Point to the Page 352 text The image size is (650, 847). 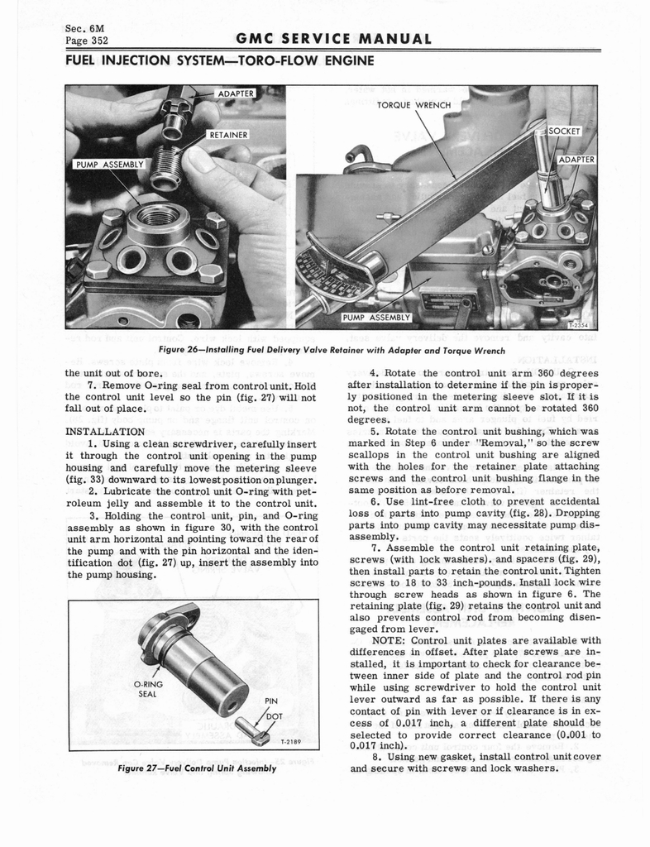pyautogui.click(x=87, y=41)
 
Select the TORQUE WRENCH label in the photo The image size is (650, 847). pyautogui.click(x=413, y=105)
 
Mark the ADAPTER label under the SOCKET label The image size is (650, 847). pyautogui.click(x=576, y=159)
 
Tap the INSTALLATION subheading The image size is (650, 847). pyautogui.click(x=104, y=431)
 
